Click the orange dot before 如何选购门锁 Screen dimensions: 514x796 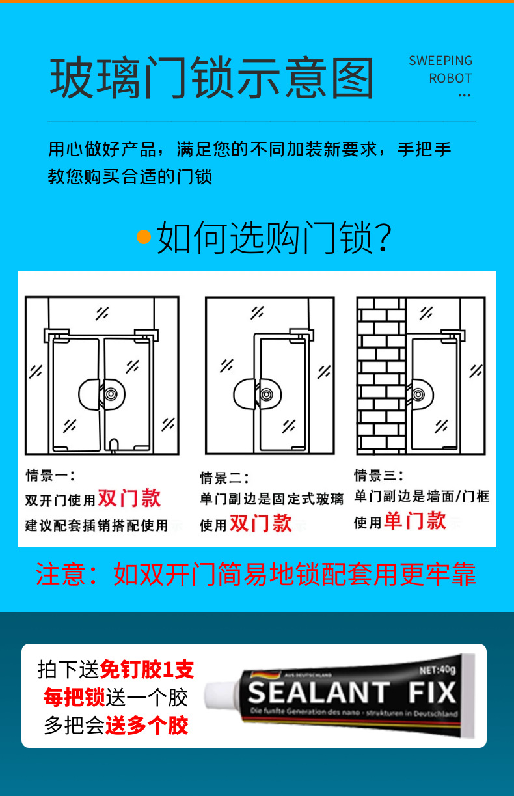pos(144,237)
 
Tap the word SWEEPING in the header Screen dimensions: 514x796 pos(440,61)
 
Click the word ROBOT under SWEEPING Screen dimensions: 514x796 pos(450,78)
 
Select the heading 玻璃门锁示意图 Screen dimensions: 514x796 pos(211,77)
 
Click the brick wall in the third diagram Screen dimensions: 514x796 pos(381,376)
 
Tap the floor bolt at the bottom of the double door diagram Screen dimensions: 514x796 pos(114,445)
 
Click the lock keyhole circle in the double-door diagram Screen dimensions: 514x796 pos(111,394)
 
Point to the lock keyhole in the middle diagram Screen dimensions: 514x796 pos(266,394)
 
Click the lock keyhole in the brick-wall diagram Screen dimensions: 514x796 pos(418,394)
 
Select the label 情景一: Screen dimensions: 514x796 pos(50,476)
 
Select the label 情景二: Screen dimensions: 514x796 pos(224,478)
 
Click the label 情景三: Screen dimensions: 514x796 pos(379,475)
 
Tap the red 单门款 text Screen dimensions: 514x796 pos(415,521)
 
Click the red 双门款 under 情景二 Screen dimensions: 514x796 pos(261,523)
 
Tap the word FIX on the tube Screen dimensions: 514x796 pos(432,693)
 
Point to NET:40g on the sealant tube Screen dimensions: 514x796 pos(437,670)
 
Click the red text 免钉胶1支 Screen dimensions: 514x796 pos(147,670)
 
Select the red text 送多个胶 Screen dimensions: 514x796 pos(147,725)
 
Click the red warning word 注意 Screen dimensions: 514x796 pos(60,574)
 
